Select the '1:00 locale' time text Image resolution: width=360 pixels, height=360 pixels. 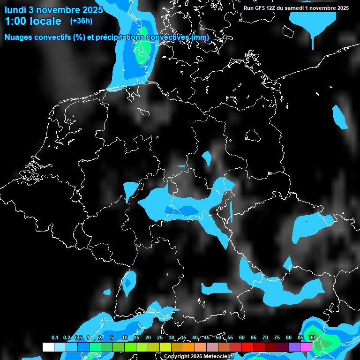[33, 21]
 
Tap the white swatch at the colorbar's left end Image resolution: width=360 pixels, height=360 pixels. [48, 347]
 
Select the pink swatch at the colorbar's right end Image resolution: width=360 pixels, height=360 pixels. [306, 347]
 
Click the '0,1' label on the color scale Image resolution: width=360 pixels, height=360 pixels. [55, 338]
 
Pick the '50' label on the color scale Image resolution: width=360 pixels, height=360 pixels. [218, 338]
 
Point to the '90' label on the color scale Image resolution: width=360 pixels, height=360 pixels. [312, 338]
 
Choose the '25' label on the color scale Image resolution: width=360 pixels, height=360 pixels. [160, 338]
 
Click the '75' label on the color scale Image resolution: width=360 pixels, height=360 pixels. [277, 338]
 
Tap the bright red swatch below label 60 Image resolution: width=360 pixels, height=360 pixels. [247, 347]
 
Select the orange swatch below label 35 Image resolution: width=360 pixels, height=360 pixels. [189, 347]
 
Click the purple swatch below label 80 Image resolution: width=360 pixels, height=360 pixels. [294, 347]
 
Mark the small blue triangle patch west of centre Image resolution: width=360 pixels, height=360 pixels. [131, 189]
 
